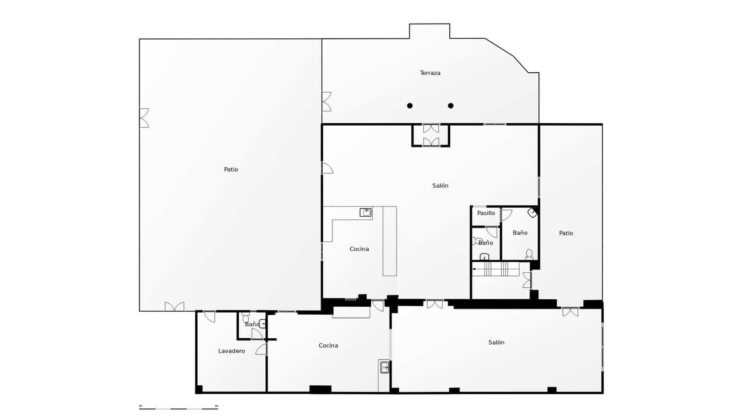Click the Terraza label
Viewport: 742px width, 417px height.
[x=430, y=73]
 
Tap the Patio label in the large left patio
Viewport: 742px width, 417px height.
[x=231, y=170]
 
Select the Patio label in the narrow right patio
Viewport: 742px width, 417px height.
[x=566, y=233]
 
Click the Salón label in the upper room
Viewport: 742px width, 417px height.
[x=440, y=186]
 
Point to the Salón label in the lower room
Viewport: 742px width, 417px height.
[x=496, y=342]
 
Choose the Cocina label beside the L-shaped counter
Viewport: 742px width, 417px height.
[x=359, y=249]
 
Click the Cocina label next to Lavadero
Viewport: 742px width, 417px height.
[x=328, y=346]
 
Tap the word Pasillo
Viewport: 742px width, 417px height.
[x=486, y=213]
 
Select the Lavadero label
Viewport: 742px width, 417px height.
[x=231, y=351]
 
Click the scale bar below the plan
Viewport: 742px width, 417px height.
[x=179, y=408]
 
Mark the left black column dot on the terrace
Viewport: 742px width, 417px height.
[x=409, y=106]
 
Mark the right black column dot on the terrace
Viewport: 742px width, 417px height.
[x=450, y=106]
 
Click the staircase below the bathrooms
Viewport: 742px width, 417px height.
[x=495, y=269]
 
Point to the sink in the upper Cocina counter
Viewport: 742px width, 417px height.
[x=366, y=213]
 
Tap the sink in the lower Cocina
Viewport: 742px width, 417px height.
[x=384, y=367]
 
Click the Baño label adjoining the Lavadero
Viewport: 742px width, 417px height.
[x=252, y=324]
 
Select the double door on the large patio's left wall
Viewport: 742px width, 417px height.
[x=144, y=118]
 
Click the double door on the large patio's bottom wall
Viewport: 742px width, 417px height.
[x=174, y=307]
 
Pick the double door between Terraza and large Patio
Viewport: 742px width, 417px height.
[x=326, y=101]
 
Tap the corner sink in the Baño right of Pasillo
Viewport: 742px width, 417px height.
[x=532, y=213]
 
